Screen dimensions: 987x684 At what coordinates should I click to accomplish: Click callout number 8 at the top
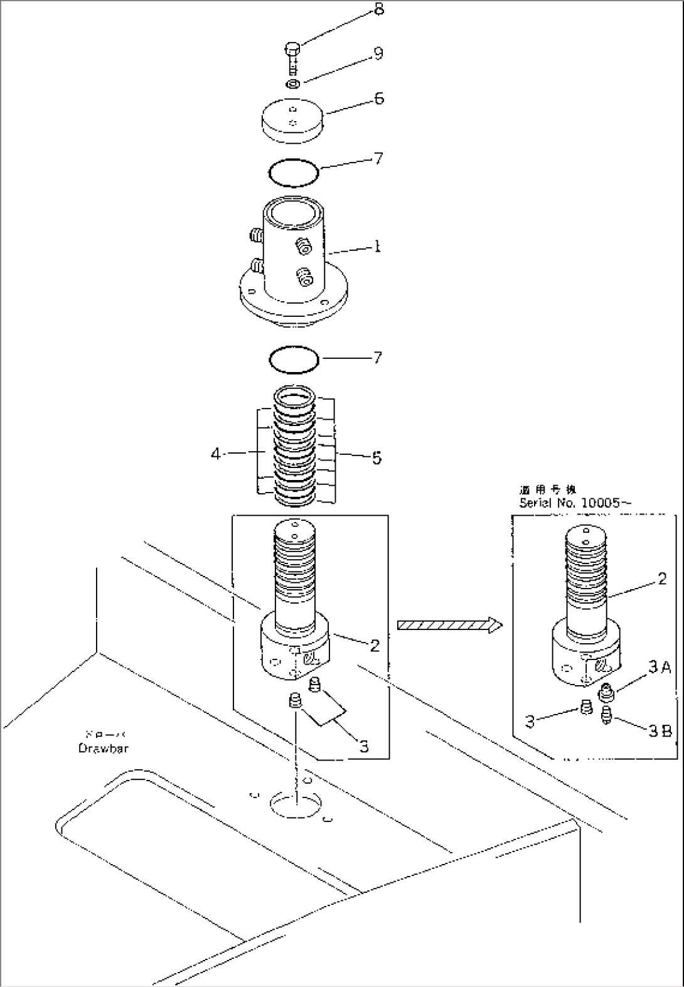click(379, 11)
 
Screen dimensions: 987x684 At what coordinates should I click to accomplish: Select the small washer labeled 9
click(293, 83)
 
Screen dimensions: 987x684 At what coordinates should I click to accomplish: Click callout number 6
click(379, 99)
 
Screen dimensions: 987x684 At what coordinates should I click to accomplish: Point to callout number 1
click(377, 247)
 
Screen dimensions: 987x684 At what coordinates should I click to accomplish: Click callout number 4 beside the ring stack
click(216, 454)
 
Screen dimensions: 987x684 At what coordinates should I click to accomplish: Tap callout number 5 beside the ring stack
click(377, 458)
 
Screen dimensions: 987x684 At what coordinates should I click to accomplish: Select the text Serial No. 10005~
click(575, 503)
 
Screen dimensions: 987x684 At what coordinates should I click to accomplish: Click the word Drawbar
click(103, 748)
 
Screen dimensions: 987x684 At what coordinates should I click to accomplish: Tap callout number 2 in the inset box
click(662, 580)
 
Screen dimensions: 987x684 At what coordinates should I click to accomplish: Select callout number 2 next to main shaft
click(375, 645)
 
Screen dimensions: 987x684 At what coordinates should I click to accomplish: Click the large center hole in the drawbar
click(295, 801)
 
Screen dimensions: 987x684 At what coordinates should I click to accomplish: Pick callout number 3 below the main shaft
click(364, 747)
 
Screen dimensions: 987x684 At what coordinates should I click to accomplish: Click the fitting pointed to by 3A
click(607, 693)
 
